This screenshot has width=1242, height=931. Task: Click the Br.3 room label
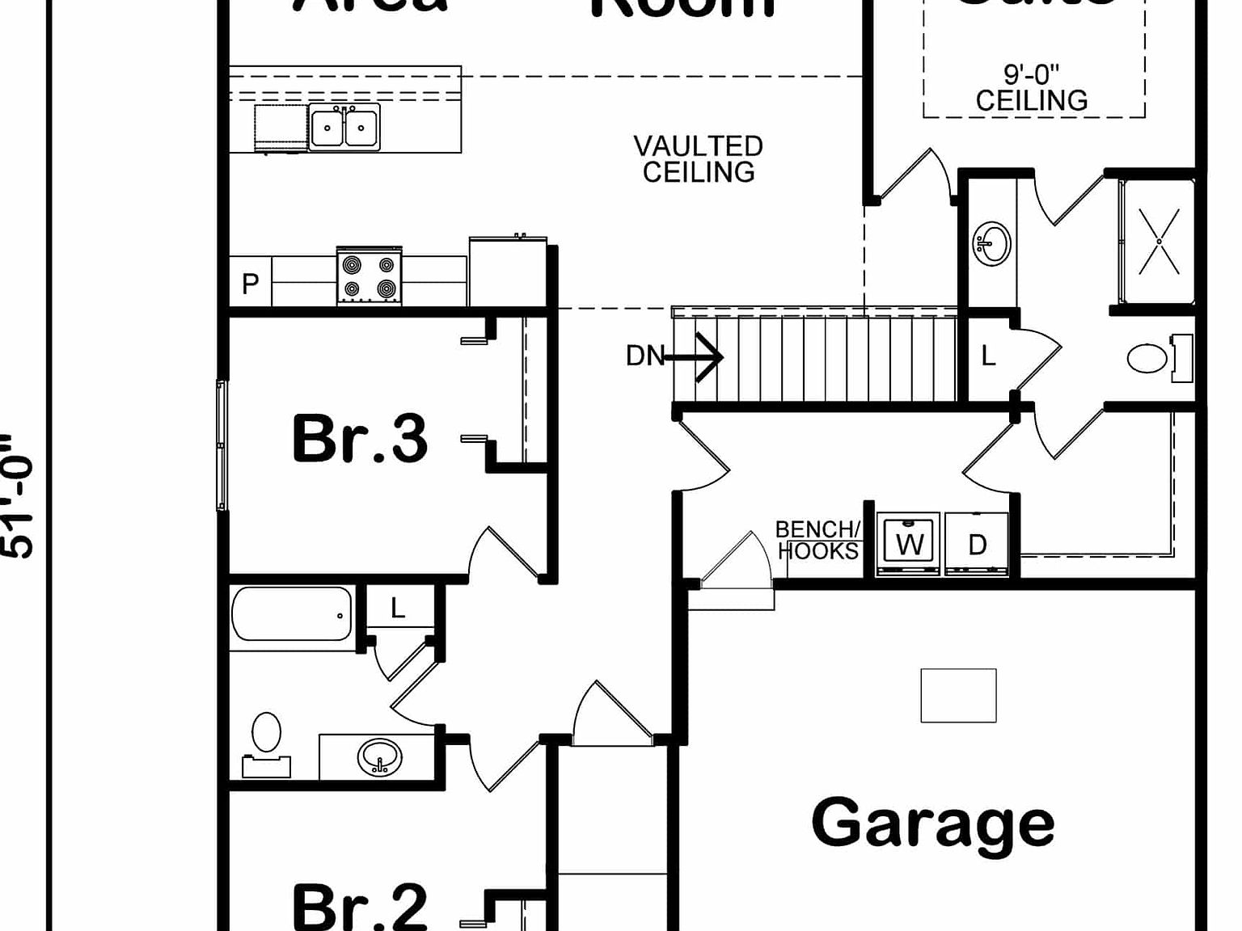360,439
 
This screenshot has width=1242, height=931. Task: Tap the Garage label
932,823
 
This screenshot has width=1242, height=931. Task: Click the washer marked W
909,543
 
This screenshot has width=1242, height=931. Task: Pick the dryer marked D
977,543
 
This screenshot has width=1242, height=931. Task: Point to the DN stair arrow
695,356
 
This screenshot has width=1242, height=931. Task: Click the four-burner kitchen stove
369,276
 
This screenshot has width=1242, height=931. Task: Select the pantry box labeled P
251,284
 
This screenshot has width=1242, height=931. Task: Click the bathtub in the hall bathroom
292,614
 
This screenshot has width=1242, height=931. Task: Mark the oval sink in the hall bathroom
379,757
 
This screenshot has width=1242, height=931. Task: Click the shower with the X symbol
1158,241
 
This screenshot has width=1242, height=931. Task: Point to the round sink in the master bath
992,242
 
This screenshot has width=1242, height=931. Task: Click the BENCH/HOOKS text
818,540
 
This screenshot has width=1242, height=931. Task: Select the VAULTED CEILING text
699,159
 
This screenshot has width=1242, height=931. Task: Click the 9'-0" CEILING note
1032,88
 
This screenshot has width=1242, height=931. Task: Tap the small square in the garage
958,695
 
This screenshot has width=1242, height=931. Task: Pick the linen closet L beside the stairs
988,356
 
